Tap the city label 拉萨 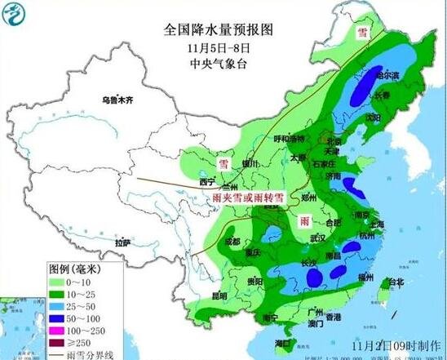click(x=122, y=242)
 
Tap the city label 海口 click(x=284, y=343)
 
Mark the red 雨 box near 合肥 click(x=304, y=222)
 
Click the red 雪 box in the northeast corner click(x=360, y=33)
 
